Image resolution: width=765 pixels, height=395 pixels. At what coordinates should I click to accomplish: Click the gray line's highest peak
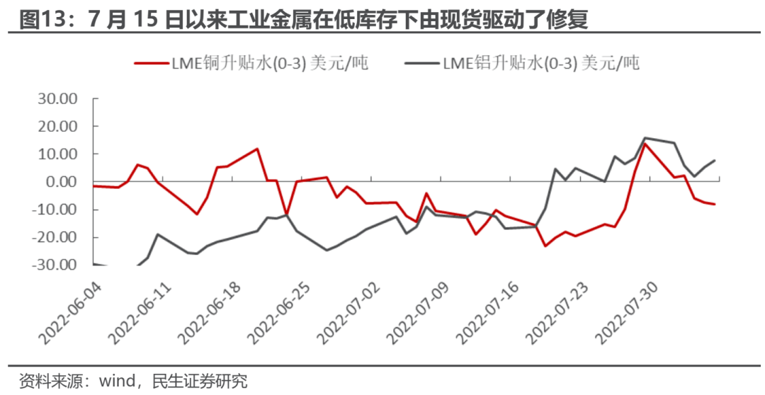[x=645, y=138]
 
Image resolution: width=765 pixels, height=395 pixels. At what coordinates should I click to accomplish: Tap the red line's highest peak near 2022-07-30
[x=645, y=144]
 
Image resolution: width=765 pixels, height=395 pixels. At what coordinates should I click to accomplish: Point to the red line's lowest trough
[x=545, y=246]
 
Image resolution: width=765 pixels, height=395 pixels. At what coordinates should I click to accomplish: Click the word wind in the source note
[x=118, y=382]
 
